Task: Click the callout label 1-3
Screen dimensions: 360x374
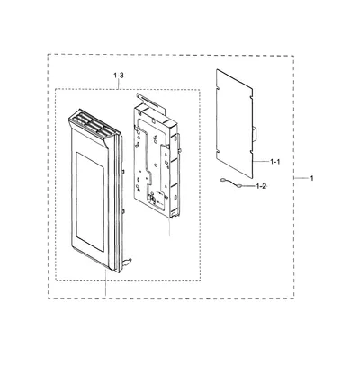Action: pos(119,76)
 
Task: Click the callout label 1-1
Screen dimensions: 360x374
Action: pos(275,162)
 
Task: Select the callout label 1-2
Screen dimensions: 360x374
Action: pos(261,186)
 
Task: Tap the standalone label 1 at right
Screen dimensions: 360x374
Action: pos(311,178)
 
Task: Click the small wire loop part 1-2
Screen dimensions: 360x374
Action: pos(230,183)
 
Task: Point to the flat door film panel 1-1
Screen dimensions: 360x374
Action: pos(235,123)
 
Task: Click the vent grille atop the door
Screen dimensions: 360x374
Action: pos(93,125)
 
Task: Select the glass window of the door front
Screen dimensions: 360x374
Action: pos(90,201)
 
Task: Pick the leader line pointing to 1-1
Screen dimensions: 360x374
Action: pos(261,162)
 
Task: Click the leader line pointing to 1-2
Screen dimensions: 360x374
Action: pos(248,186)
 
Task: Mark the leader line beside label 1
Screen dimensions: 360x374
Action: pos(301,178)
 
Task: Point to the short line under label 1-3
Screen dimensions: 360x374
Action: pos(119,85)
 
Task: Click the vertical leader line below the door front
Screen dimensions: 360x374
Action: pos(105,282)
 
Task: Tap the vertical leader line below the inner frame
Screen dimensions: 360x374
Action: pos(170,227)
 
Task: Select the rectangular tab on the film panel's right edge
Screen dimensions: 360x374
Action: pos(256,134)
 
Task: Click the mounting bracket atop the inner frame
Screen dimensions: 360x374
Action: pos(151,102)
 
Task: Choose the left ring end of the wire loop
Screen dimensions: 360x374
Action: pos(222,180)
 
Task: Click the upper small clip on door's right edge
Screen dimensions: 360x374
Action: pos(123,171)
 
